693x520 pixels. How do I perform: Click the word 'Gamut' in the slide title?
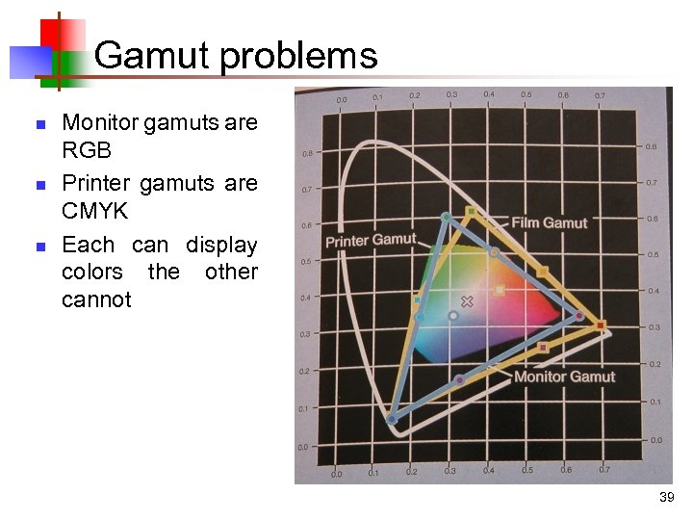coord(153,55)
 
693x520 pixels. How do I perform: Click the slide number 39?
coord(666,497)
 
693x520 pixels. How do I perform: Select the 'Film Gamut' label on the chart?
coord(549,223)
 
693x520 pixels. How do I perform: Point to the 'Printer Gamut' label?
coord(371,240)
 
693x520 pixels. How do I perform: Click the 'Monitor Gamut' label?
coord(564,376)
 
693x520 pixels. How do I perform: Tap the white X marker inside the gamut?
coord(468,301)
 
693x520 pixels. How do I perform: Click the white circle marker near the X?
coord(453,315)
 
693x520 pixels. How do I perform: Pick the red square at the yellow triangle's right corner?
coord(602,326)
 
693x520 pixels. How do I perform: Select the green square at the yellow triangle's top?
coord(470,211)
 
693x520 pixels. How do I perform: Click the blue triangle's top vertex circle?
coord(446,218)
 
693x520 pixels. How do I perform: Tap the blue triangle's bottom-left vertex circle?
coord(392,420)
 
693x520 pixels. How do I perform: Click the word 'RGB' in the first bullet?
coord(87,151)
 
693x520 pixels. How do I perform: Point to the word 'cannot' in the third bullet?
coord(96,299)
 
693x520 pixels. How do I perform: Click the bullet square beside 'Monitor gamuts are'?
coord(39,124)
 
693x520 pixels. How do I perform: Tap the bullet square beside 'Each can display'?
coord(39,247)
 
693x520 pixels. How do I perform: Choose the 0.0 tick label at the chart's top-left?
coord(342,99)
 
